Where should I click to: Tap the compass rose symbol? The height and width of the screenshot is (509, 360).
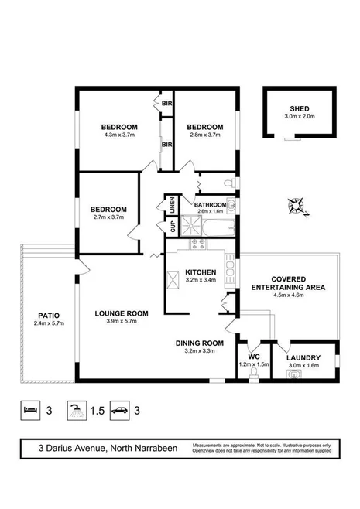coord(297,206)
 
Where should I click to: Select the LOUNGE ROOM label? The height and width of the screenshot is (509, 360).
coord(116,313)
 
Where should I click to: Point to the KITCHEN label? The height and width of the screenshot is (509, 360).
coord(200,272)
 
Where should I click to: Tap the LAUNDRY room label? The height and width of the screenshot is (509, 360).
coord(304,358)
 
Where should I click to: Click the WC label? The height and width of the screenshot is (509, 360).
coord(252,358)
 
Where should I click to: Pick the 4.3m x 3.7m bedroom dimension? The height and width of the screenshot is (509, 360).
coord(118,135)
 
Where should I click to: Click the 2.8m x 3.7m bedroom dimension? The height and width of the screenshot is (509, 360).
coord(204,135)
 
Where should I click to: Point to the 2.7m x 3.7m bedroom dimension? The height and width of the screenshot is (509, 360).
coord(108,217)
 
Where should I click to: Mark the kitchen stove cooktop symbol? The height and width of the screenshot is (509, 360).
coord(195,244)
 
